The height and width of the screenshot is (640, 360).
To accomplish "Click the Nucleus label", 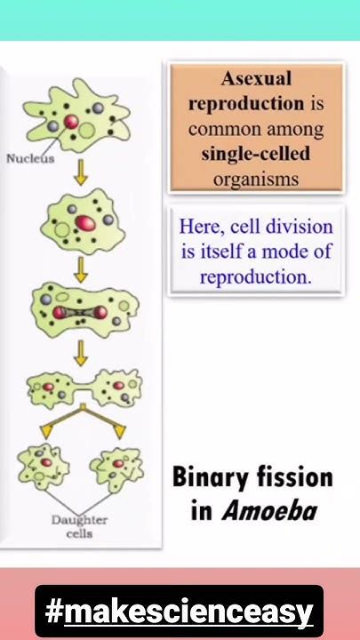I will pyautogui.click(x=30, y=159).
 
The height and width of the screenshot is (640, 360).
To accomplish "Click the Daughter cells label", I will pyautogui.click(x=79, y=527).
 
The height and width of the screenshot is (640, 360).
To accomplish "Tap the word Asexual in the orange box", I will pyautogui.click(x=256, y=78).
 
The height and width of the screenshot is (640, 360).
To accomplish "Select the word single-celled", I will pyautogui.click(x=256, y=154).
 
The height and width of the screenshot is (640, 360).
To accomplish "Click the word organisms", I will pyautogui.click(x=256, y=179).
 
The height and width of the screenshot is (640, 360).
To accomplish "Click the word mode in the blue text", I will pyautogui.click(x=281, y=251).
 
